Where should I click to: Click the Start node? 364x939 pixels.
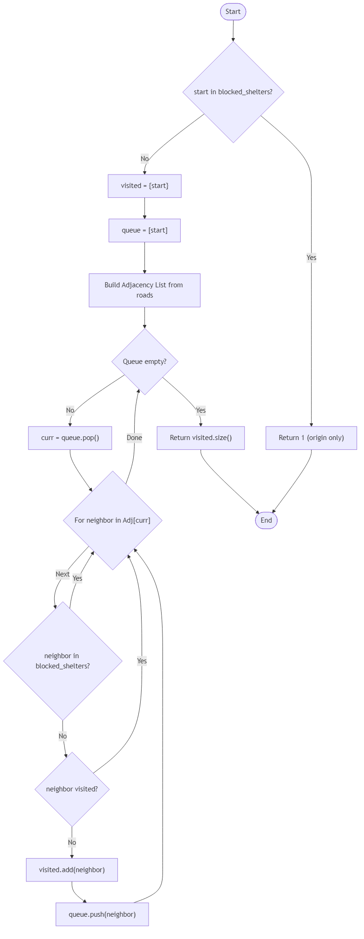233,12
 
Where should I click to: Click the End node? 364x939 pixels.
266,520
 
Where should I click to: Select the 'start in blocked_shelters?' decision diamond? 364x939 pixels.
233,92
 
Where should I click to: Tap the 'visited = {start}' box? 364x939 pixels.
144,186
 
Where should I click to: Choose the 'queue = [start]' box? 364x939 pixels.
144,230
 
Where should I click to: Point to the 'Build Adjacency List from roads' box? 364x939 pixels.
144,290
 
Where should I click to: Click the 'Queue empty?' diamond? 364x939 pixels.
144,362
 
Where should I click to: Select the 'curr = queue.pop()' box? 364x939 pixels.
70,438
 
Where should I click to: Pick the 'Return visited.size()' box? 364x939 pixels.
201,438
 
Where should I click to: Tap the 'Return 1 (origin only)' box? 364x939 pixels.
311,438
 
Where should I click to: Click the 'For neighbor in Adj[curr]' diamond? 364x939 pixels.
112,520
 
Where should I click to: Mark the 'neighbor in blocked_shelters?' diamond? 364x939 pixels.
63,661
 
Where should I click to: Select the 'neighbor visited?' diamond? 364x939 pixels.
72,789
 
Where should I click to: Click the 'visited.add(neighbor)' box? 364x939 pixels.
72,870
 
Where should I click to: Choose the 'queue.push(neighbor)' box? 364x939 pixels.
102,914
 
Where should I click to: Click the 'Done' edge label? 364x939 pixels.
134,438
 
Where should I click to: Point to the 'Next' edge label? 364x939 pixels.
63,574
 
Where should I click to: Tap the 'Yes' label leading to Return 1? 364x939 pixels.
311,258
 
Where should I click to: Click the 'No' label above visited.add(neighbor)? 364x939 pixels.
72,842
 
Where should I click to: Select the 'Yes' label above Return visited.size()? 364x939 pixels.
201,410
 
